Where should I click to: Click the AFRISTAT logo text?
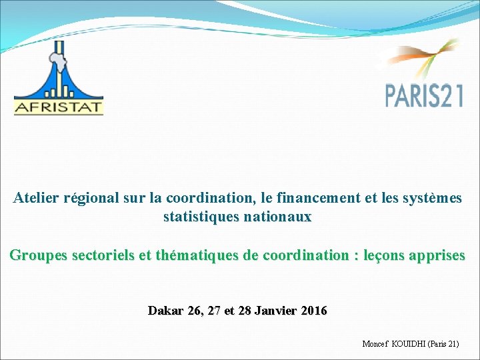pos(59,107)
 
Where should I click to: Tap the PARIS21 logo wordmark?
pos(424,95)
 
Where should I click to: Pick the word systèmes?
pos(432,198)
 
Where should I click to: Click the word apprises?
pos(435,255)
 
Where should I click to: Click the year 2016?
pos(314,311)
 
